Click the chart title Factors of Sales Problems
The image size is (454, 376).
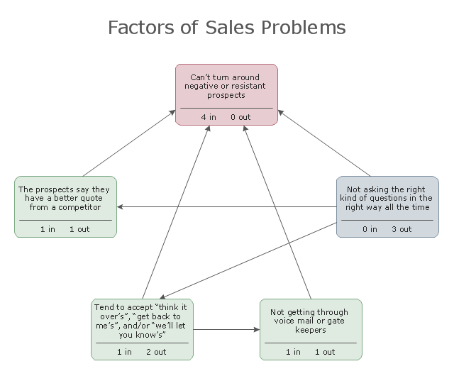tap(226, 28)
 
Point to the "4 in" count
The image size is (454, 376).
tap(209, 116)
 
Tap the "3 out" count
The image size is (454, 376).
tap(401, 229)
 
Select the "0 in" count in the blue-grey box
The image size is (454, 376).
tap(370, 229)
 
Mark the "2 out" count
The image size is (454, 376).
tap(156, 352)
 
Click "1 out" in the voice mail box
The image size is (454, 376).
tap(325, 352)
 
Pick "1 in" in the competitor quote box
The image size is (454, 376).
tap(48, 229)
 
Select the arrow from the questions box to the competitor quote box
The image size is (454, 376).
tap(227, 207)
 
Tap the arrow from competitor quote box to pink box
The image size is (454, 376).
tap(129, 143)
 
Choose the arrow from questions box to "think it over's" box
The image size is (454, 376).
tap(248, 260)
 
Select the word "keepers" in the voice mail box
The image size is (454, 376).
tap(311, 330)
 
